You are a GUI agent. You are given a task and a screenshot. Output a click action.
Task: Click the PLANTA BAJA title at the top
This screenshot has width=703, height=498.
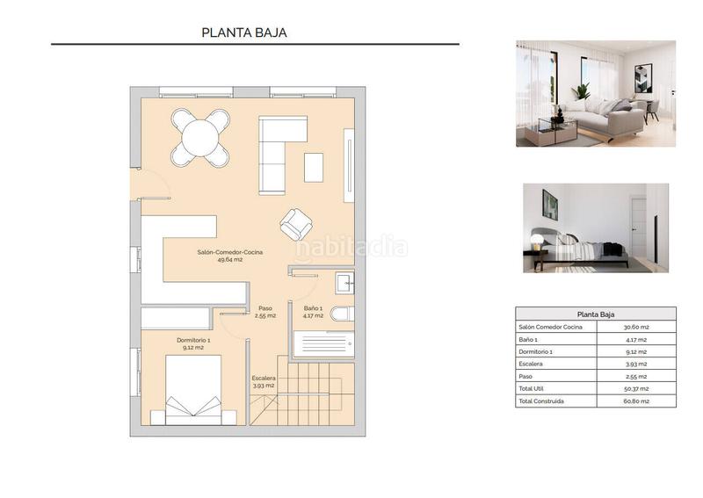pos(244,32)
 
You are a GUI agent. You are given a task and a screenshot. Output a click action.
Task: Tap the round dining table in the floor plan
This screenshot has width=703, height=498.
pos(200,137)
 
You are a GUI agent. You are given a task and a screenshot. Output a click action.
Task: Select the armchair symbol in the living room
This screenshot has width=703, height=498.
pos(295,225)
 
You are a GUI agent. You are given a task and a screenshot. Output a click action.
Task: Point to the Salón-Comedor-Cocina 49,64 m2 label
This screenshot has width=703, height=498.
pos(229,256)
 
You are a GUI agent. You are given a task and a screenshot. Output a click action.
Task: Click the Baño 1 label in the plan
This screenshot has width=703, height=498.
pos(314,312)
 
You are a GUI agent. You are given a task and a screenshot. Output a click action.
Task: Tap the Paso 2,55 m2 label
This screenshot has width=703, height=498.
pos(265,312)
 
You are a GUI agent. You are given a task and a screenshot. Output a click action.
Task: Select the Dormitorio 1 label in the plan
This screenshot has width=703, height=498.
pos(193,343)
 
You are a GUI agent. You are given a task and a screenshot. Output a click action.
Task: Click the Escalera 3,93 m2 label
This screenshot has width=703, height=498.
pos(264,381)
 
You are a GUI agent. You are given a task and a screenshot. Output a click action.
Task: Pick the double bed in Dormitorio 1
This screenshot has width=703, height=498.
pos(193,391)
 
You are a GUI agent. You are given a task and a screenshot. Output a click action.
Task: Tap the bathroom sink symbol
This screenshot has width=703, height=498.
pos(345,282)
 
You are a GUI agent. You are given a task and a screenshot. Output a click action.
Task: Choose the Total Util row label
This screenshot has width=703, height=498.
pos(535,388)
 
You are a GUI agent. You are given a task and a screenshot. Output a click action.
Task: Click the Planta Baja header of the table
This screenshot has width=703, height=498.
pos(595,314)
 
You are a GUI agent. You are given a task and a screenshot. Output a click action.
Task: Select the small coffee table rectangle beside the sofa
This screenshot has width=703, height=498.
pos(314,167)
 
